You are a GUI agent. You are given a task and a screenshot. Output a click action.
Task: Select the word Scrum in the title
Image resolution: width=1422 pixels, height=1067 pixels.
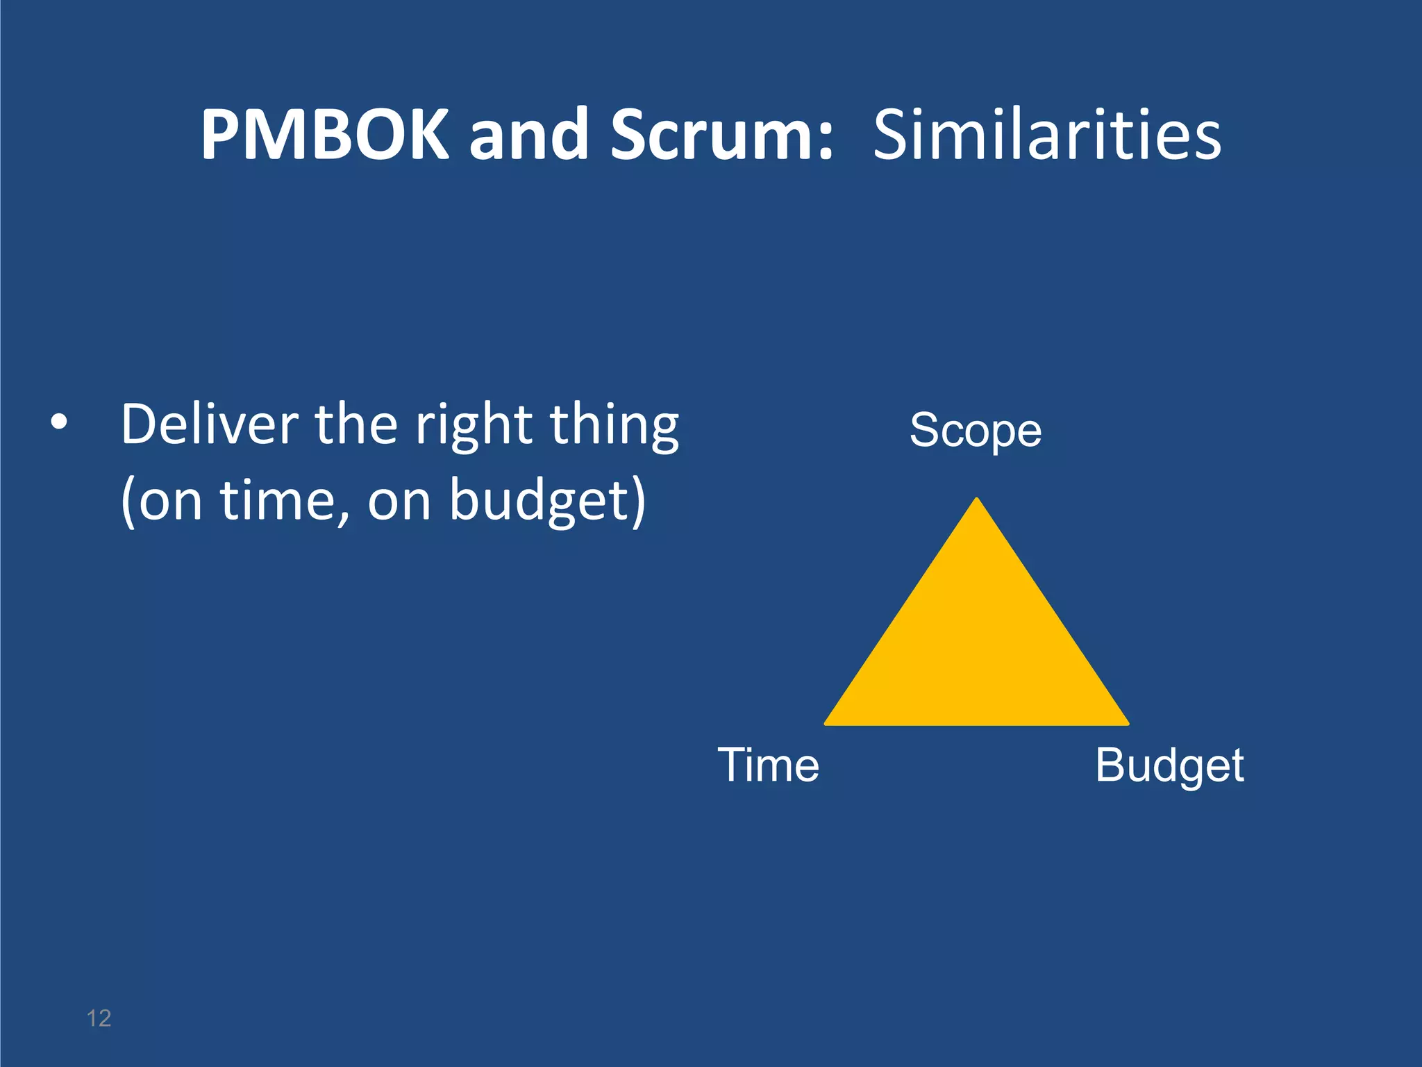[722, 135]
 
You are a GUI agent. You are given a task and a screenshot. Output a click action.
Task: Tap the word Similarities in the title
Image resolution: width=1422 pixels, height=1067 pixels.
[1046, 135]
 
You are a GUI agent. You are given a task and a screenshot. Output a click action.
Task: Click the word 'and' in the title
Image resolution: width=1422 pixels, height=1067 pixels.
[530, 135]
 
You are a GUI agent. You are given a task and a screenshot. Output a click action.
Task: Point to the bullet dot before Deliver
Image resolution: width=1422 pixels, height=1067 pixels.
[60, 422]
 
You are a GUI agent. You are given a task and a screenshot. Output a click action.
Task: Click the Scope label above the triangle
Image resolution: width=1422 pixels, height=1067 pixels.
[976, 431]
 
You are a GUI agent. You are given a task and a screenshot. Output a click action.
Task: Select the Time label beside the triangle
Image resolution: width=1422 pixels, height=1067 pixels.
[768, 765]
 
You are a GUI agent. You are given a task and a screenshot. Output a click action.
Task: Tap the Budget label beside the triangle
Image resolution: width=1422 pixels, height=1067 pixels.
[1169, 766]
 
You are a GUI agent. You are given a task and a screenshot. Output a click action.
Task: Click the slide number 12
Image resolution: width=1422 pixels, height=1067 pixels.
[99, 1018]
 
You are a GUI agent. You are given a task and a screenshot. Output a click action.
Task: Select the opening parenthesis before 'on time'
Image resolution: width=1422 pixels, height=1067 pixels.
[127, 502]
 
